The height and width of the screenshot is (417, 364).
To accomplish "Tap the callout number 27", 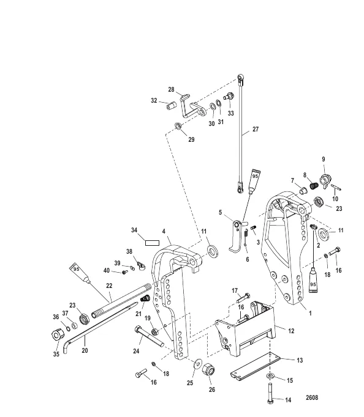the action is [x=256, y=129].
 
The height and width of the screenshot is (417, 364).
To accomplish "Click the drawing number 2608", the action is [x=312, y=397].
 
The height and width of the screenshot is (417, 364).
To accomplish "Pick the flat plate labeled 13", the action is [x=256, y=366].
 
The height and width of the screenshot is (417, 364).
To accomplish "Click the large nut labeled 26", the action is [x=208, y=369].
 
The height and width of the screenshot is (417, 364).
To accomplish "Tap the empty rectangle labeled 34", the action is [x=152, y=243].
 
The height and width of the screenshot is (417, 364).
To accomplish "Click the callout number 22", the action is [x=109, y=286].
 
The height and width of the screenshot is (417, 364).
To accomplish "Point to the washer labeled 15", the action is [x=270, y=375].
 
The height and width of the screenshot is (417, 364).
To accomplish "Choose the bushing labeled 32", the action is [x=172, y=106].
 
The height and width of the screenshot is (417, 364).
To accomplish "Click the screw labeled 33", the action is [x=229, y=96].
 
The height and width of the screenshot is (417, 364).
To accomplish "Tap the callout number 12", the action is [x=291, y=331].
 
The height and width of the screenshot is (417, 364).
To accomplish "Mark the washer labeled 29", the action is [x=178, y=126].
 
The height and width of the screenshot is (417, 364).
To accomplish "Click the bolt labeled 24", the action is [x=150, y=336].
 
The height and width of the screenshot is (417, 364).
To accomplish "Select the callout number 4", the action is [x=164, y=232].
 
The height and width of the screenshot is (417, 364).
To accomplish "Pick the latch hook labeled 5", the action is [x=236, y=237].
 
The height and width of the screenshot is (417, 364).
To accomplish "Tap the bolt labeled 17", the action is [x=243, y=298].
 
